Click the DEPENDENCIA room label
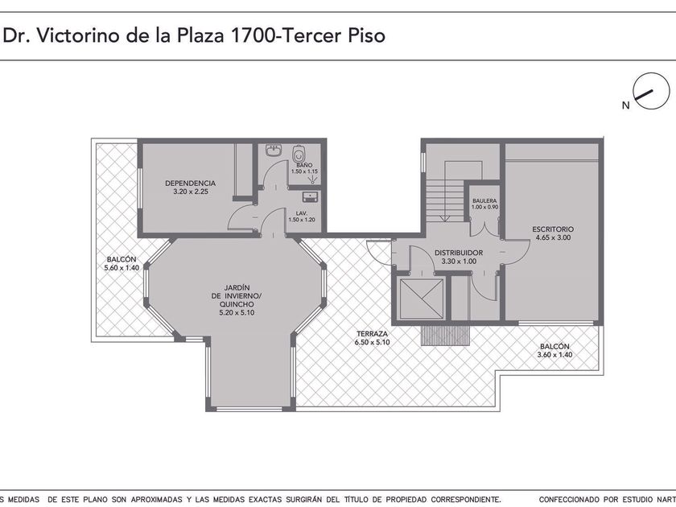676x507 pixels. [x=190, y=183]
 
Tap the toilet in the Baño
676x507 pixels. [x=299, y=153]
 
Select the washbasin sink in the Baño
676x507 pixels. [x=274, y=150]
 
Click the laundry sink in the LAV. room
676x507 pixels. [x=310, y=196]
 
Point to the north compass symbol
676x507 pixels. [x=650, y=91]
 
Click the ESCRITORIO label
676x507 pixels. [x=553, y=229]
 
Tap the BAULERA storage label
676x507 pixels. [x=484, y=201]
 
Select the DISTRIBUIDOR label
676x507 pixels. [x=459, y=253]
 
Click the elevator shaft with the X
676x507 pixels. [x=422, y=298]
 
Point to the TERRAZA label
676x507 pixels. [x=372, y=334]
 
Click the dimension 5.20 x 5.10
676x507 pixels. [x=237, y=312]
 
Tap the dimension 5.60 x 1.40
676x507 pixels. [x=122, y=268]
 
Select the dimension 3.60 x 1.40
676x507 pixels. [x=554, y=355]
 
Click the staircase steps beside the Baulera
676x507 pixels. [x=445, y=201]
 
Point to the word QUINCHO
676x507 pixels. [x=237, y=304]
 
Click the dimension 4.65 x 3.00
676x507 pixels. [x=553, y=237]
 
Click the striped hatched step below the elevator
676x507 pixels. [x=445, y=335]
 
